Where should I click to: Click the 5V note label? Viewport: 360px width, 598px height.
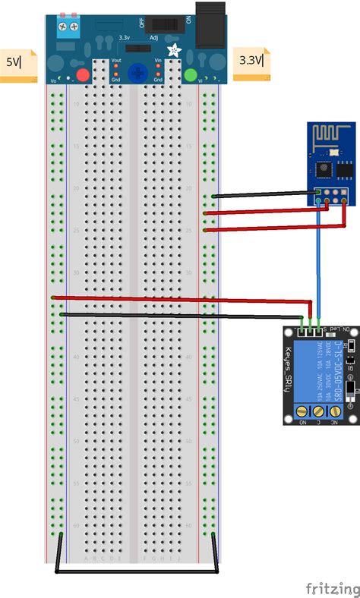pos(17,62)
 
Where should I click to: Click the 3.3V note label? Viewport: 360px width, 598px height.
pos(251,59)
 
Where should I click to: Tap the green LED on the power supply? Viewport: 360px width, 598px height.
pos(190,74)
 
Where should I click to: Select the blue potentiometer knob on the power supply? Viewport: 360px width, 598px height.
pos(137,74)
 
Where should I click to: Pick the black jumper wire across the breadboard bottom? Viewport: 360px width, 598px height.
pos(137,570)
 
